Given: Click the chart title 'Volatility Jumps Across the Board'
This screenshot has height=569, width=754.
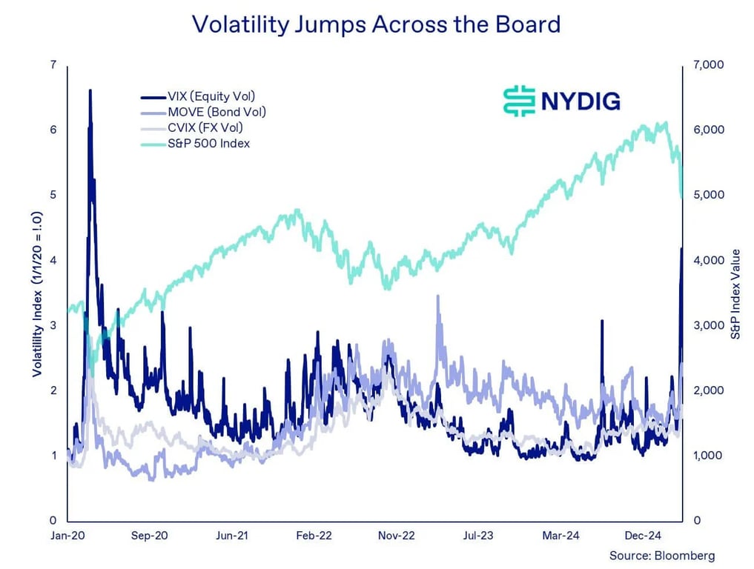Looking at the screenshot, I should (376, 24).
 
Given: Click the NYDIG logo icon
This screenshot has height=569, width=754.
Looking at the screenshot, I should (519, 101).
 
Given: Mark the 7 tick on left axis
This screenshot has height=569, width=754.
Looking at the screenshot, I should (53, 65).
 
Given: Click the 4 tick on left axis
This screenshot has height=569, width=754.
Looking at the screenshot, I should (53, 260).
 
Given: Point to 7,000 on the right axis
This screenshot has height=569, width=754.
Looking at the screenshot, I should (709, 65).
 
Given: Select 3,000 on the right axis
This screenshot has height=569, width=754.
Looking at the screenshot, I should (709, 325).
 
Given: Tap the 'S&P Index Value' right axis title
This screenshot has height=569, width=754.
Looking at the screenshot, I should (735, 293).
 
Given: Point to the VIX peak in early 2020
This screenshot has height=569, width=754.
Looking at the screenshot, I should (90, 91).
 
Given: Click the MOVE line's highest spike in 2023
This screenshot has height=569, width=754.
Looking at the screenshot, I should (437, 296).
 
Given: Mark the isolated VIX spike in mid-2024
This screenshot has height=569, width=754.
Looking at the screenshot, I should (601, 321).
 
